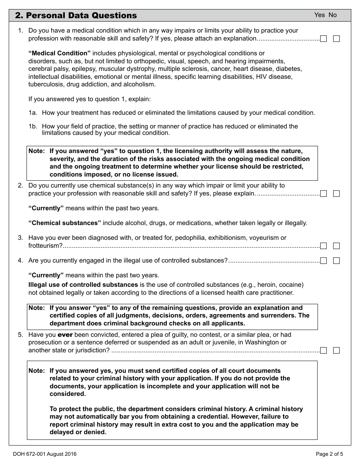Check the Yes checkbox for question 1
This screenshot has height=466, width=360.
(323, 39)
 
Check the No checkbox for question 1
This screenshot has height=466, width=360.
(336, 39)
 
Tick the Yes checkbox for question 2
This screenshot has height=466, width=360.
(323, 194)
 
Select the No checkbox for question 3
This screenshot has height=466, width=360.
(336, 246)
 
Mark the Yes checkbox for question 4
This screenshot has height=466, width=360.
(323, 261)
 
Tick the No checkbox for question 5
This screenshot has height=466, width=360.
(336, 350)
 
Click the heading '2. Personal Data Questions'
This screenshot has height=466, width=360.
(76, 16)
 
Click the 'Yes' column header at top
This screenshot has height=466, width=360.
(319, 15)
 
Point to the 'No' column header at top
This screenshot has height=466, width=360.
(332, 15)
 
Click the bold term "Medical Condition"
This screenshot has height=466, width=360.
(59, 53)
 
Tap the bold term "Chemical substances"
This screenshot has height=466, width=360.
(65, 223)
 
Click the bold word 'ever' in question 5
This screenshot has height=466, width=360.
(65, 335)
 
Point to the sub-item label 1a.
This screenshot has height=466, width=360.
(33, 113)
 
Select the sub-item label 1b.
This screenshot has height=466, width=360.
(33, 127)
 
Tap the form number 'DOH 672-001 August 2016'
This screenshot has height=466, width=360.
(44, 454)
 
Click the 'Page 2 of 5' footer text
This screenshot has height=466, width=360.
(329, 454)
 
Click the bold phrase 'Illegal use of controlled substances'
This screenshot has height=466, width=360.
(83, 285)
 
